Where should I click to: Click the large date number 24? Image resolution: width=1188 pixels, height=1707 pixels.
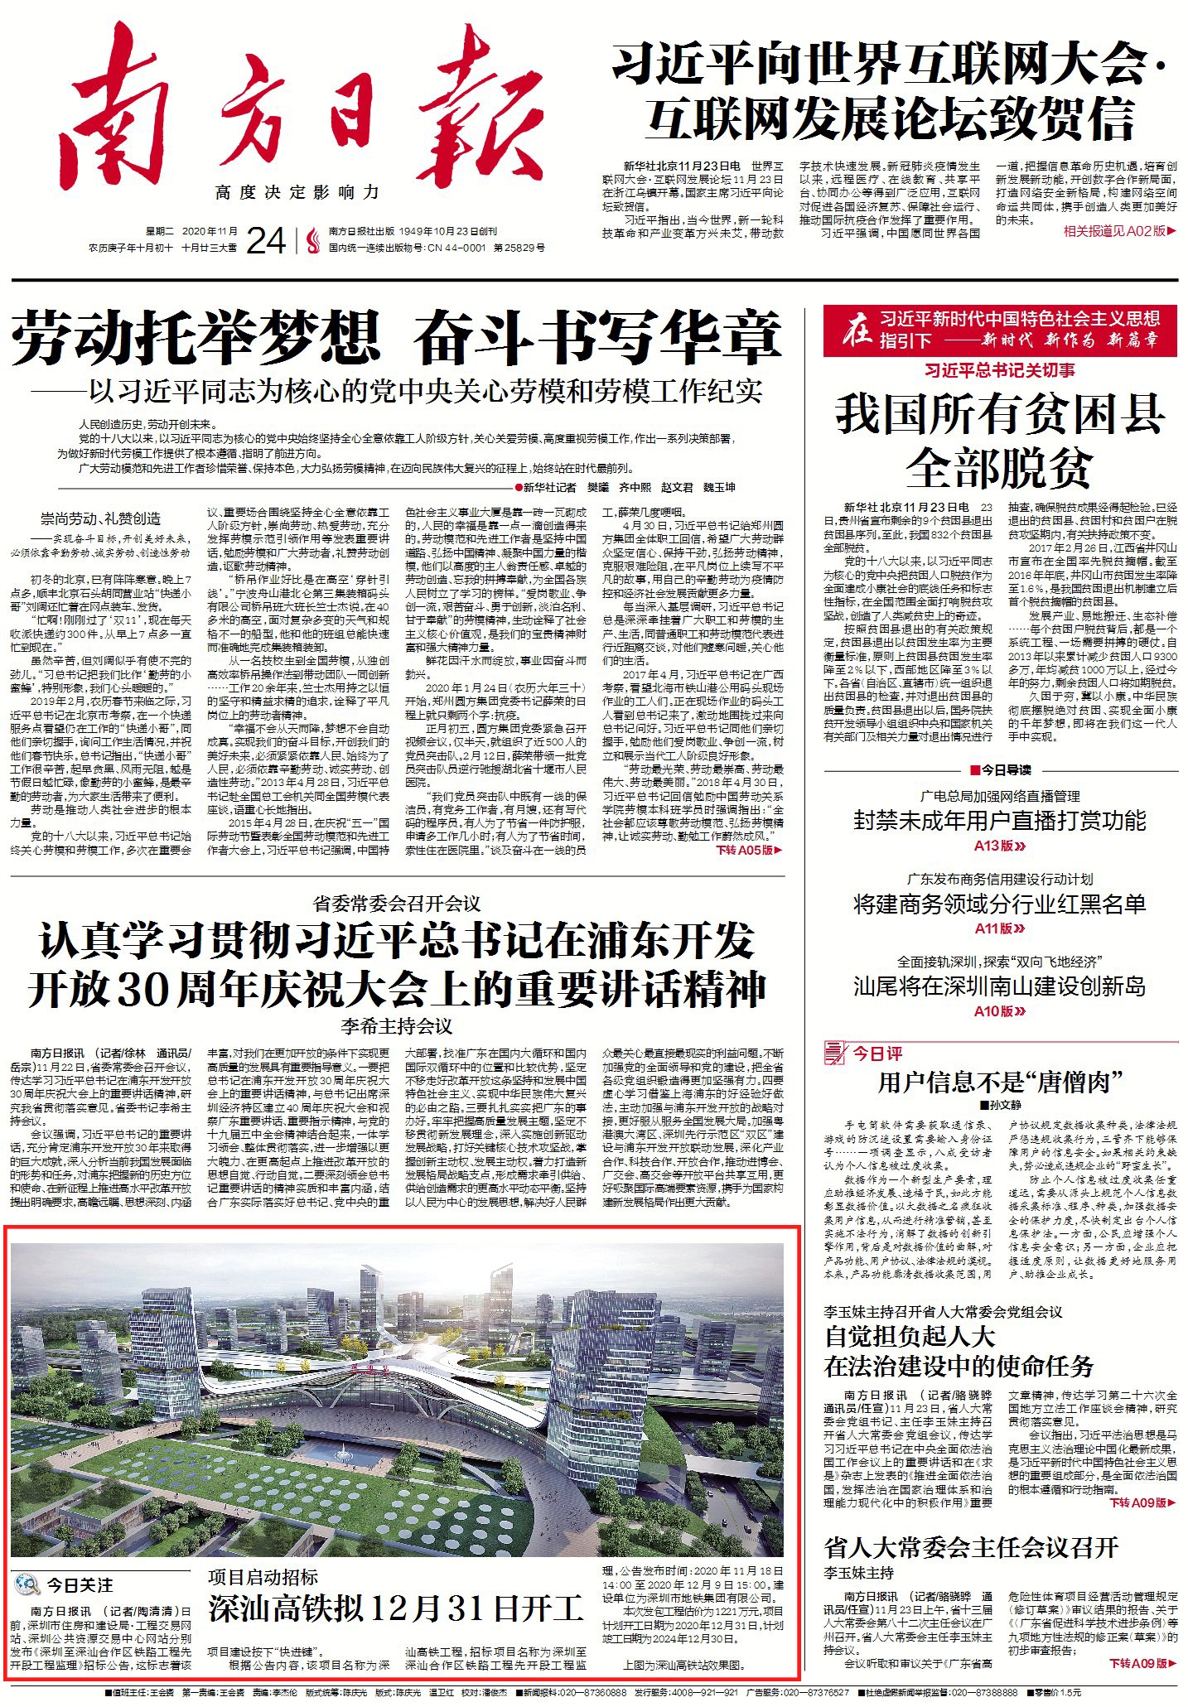pos(266,241)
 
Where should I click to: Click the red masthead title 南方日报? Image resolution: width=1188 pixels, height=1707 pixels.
pos(307,116)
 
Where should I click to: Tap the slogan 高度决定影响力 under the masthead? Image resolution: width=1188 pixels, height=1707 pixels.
pos(297,193)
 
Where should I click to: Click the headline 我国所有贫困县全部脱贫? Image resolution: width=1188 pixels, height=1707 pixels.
pos(1000,441)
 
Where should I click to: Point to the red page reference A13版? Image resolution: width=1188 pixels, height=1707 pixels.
pos(999,846)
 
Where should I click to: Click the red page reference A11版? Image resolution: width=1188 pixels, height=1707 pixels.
pos(999,928)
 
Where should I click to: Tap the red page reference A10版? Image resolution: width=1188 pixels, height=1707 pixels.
pos(999,1010)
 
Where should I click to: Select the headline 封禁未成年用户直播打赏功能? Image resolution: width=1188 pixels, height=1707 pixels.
pos(1000,821)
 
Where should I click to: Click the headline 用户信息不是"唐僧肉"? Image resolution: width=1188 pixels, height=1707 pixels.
pos(1000,1082)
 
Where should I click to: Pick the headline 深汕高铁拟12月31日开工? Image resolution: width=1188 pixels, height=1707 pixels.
pos(396,1608)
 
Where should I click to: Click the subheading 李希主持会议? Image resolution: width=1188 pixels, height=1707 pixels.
pos(396,1027)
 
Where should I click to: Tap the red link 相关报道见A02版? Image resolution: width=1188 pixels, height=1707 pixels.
pos(1118,231)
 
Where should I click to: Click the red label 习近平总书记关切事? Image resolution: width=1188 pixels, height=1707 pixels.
pos(1000,370)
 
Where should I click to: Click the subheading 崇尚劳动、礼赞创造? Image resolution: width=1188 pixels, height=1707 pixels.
pos(101,518)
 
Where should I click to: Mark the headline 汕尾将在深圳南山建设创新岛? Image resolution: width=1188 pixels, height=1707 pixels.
pos(1000,986)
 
